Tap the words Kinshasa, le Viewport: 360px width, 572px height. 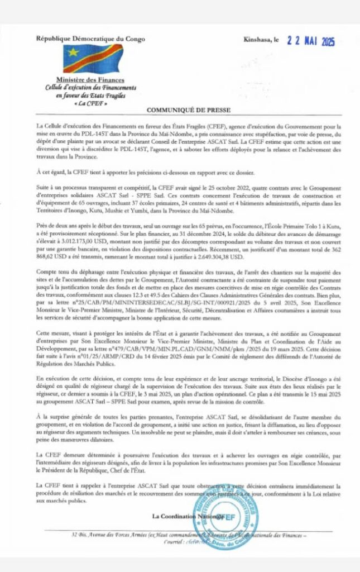pos(261,40)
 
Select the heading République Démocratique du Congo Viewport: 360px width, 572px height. pos(90,39)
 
